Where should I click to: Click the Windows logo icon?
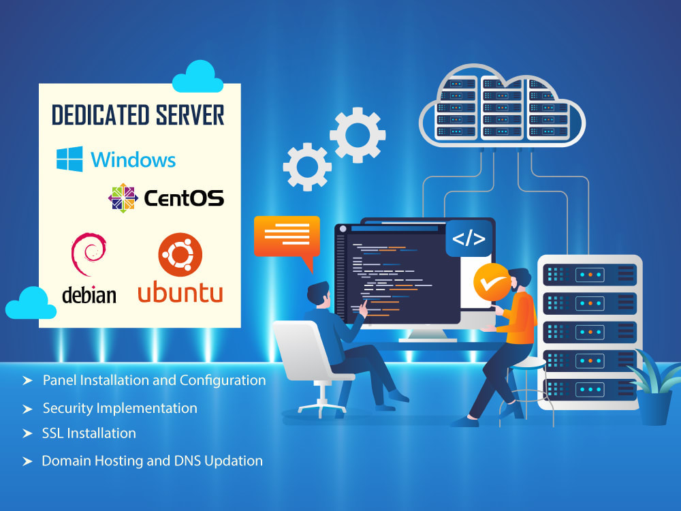tap(69, 159)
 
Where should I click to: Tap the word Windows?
tap(133, 160)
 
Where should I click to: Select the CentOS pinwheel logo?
tap(123, 198)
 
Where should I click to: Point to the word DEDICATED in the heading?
tap(96, 115)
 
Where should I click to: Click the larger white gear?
tap(358, 135)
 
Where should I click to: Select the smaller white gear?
tap(307, 166)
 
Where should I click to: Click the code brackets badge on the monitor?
tap(469, 238)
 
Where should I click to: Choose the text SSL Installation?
tap(89, 433)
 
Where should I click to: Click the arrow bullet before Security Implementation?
tap(27, 409)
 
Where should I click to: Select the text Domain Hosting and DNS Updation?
tap(152, 461)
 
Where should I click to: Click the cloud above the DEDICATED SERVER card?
tap(197, 77)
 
